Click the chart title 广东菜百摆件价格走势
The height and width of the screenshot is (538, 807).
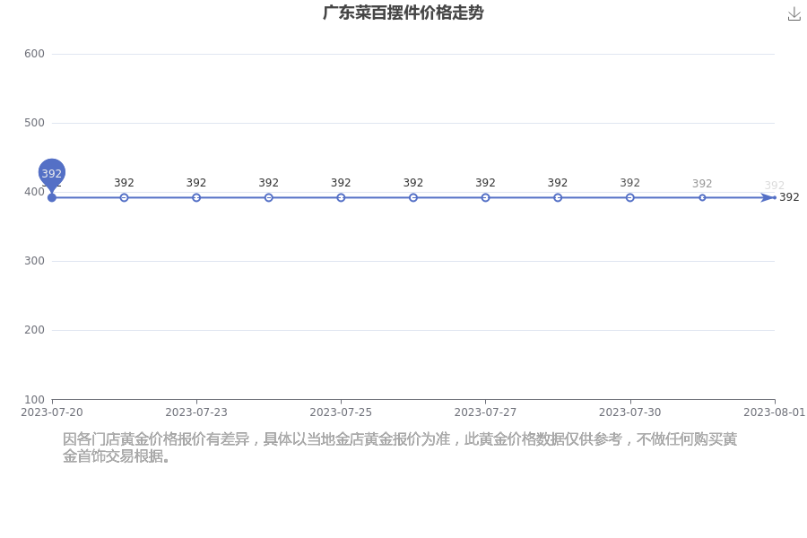(403, 13)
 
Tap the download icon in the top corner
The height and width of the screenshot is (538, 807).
(794, 14)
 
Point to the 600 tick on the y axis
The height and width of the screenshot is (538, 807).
(34, 54)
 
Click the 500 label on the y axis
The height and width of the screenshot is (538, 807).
(34, 123)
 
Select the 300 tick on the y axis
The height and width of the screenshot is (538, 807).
(34, 261)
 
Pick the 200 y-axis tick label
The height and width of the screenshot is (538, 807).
(34, 330)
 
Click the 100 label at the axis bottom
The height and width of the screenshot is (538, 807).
(34, 400)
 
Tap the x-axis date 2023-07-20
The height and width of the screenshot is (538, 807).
(51, 412)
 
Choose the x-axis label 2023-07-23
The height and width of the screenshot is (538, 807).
(196, 412)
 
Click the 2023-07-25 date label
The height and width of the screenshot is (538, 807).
(341, 412)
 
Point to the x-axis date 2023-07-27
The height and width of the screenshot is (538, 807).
(485, 412)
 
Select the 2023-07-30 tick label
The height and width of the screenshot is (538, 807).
(630, 412)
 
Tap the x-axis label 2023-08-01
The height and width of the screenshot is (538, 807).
(774, 412)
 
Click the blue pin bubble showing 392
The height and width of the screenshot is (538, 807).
(51, 173)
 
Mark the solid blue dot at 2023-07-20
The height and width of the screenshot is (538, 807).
(51, 197)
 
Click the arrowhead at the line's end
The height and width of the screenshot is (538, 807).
(768, 197)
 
